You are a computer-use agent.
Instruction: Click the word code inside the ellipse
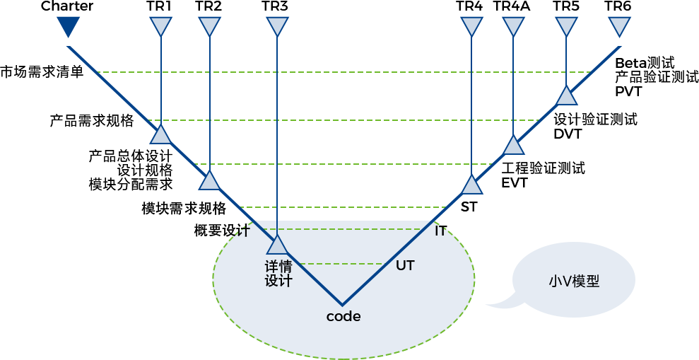click(343, 317)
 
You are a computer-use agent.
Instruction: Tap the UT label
click(405, 266)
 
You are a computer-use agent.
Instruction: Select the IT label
click(440, 231)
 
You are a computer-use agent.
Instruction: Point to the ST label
click(469, 207)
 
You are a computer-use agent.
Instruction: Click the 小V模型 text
click(574, 281)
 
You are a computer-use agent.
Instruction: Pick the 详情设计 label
click(278, 274)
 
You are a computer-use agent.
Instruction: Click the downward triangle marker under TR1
click(160, 28)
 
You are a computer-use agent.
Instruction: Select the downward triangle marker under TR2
click(209, 28)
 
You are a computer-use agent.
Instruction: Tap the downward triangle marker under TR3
click(277, 28)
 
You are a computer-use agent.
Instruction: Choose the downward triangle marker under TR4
click(471, 28)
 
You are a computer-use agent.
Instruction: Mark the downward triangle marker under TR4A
click(514, 28)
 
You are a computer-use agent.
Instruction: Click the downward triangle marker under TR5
click(566, 28)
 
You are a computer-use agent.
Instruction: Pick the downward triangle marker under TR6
click(618, 28)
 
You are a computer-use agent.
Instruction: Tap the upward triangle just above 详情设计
click(278, 245)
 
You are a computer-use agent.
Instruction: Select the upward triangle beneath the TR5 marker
click(566, 95)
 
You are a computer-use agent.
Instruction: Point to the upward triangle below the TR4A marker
click(514, 144)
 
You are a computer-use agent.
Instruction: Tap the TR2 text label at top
click(208, 6)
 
